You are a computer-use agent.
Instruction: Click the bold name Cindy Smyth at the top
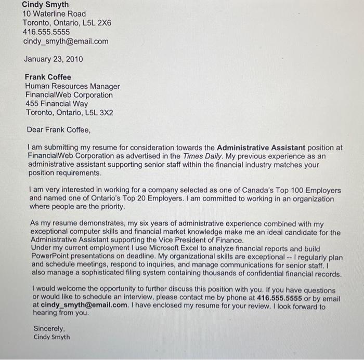click(x=45, y=5)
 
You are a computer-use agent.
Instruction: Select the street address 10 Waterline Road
click(x=54, y=14)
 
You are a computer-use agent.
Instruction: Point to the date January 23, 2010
click(x=53, y=59)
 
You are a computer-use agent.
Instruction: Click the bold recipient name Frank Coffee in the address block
click(x=48, y=77)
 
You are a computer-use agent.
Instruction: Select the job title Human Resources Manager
click(x=72, y=86)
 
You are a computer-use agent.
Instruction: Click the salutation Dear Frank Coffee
click(x=58, y=130)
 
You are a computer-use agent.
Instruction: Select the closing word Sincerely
click(x=49, y=328)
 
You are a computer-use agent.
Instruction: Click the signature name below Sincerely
click(x=51, y=337)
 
